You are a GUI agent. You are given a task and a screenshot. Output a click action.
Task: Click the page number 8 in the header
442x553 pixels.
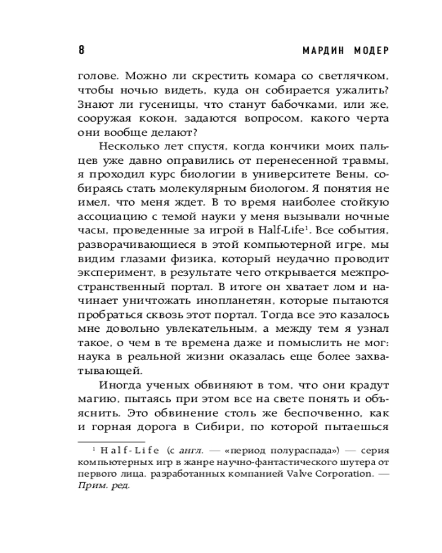[81, 50]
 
